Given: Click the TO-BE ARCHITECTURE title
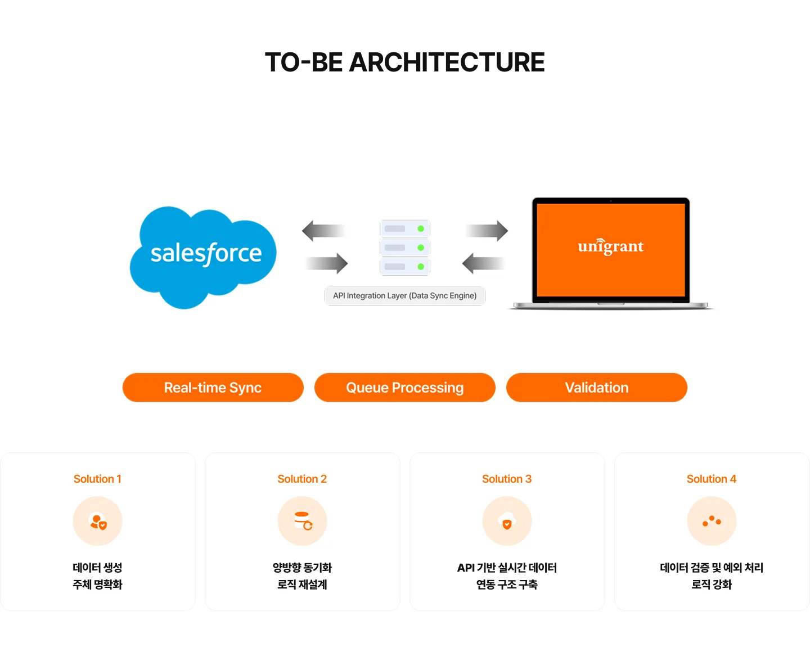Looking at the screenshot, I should (404, 62).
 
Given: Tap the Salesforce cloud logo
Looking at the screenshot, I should (204, 256).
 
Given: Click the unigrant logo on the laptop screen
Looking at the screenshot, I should (610, 246).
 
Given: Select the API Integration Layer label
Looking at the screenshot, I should (404, 295).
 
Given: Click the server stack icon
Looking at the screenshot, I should (404, 248).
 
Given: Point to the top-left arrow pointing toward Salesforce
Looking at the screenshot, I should (322, 231).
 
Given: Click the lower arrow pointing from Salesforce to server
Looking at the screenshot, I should (327, 263).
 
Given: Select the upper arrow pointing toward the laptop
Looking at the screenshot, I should (487, 230).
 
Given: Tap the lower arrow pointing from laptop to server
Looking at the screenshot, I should (483, 263).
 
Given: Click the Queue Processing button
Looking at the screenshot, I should (404, 388).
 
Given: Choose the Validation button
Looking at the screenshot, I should (596, 388).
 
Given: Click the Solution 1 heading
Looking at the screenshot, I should (97, 479).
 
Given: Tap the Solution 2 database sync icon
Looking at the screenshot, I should (303, 521).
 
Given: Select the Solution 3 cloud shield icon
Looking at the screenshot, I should (507, 521).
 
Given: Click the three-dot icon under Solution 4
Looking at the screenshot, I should (712, 521).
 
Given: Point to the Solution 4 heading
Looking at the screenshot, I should (711, 479).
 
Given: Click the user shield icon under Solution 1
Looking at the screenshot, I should (98, 521).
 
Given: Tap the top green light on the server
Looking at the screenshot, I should (421, 229).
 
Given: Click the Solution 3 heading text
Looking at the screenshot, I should (506, 479).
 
